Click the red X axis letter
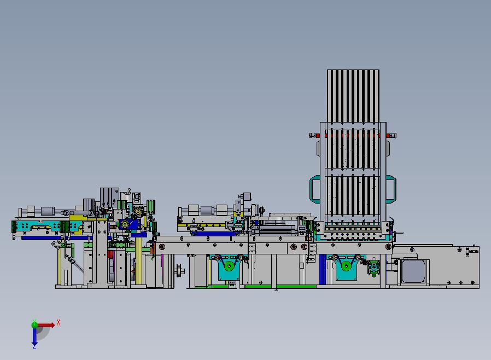[x=59, y=322]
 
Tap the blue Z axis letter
[x=34, y=346]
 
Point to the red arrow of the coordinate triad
[x=46, y=325]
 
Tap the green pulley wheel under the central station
[x=230, y=266]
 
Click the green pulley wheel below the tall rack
[x=346, y=266]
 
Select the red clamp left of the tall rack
[x=317, y=135]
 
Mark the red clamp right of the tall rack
[x=389, y=135]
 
